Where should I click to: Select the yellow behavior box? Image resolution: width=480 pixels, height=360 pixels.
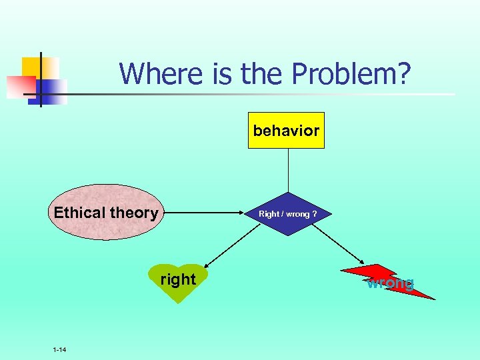tap(286, 130)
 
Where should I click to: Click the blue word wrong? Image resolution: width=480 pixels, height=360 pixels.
tap(390, 283)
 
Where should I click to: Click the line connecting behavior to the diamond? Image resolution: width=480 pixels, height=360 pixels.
tap(288, 170)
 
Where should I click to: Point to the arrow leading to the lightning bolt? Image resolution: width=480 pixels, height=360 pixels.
tap(339, 245)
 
